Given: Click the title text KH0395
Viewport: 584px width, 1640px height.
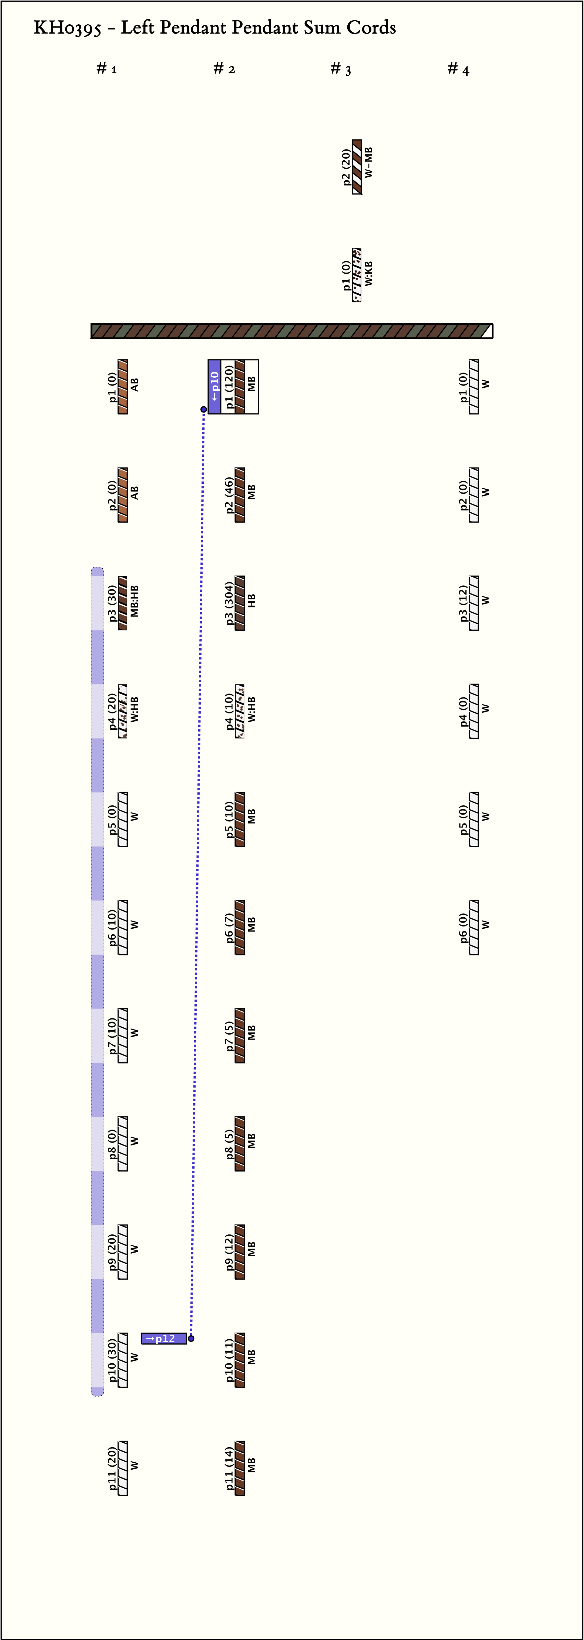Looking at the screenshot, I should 67,28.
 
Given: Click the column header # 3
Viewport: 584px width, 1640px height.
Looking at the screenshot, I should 340,69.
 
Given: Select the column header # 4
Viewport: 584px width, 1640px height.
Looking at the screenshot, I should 458,69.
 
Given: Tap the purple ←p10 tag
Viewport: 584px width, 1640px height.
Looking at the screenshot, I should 214,386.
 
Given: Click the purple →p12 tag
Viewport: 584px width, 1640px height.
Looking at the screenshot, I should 163,1338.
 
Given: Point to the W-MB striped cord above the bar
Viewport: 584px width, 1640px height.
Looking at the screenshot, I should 357,167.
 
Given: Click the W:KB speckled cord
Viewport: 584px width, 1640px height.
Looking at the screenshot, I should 357,275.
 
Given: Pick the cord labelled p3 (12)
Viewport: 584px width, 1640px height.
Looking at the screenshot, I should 474,603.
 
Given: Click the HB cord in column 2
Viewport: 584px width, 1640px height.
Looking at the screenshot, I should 240,603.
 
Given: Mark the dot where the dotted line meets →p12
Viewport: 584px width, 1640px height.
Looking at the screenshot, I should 191,1338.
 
